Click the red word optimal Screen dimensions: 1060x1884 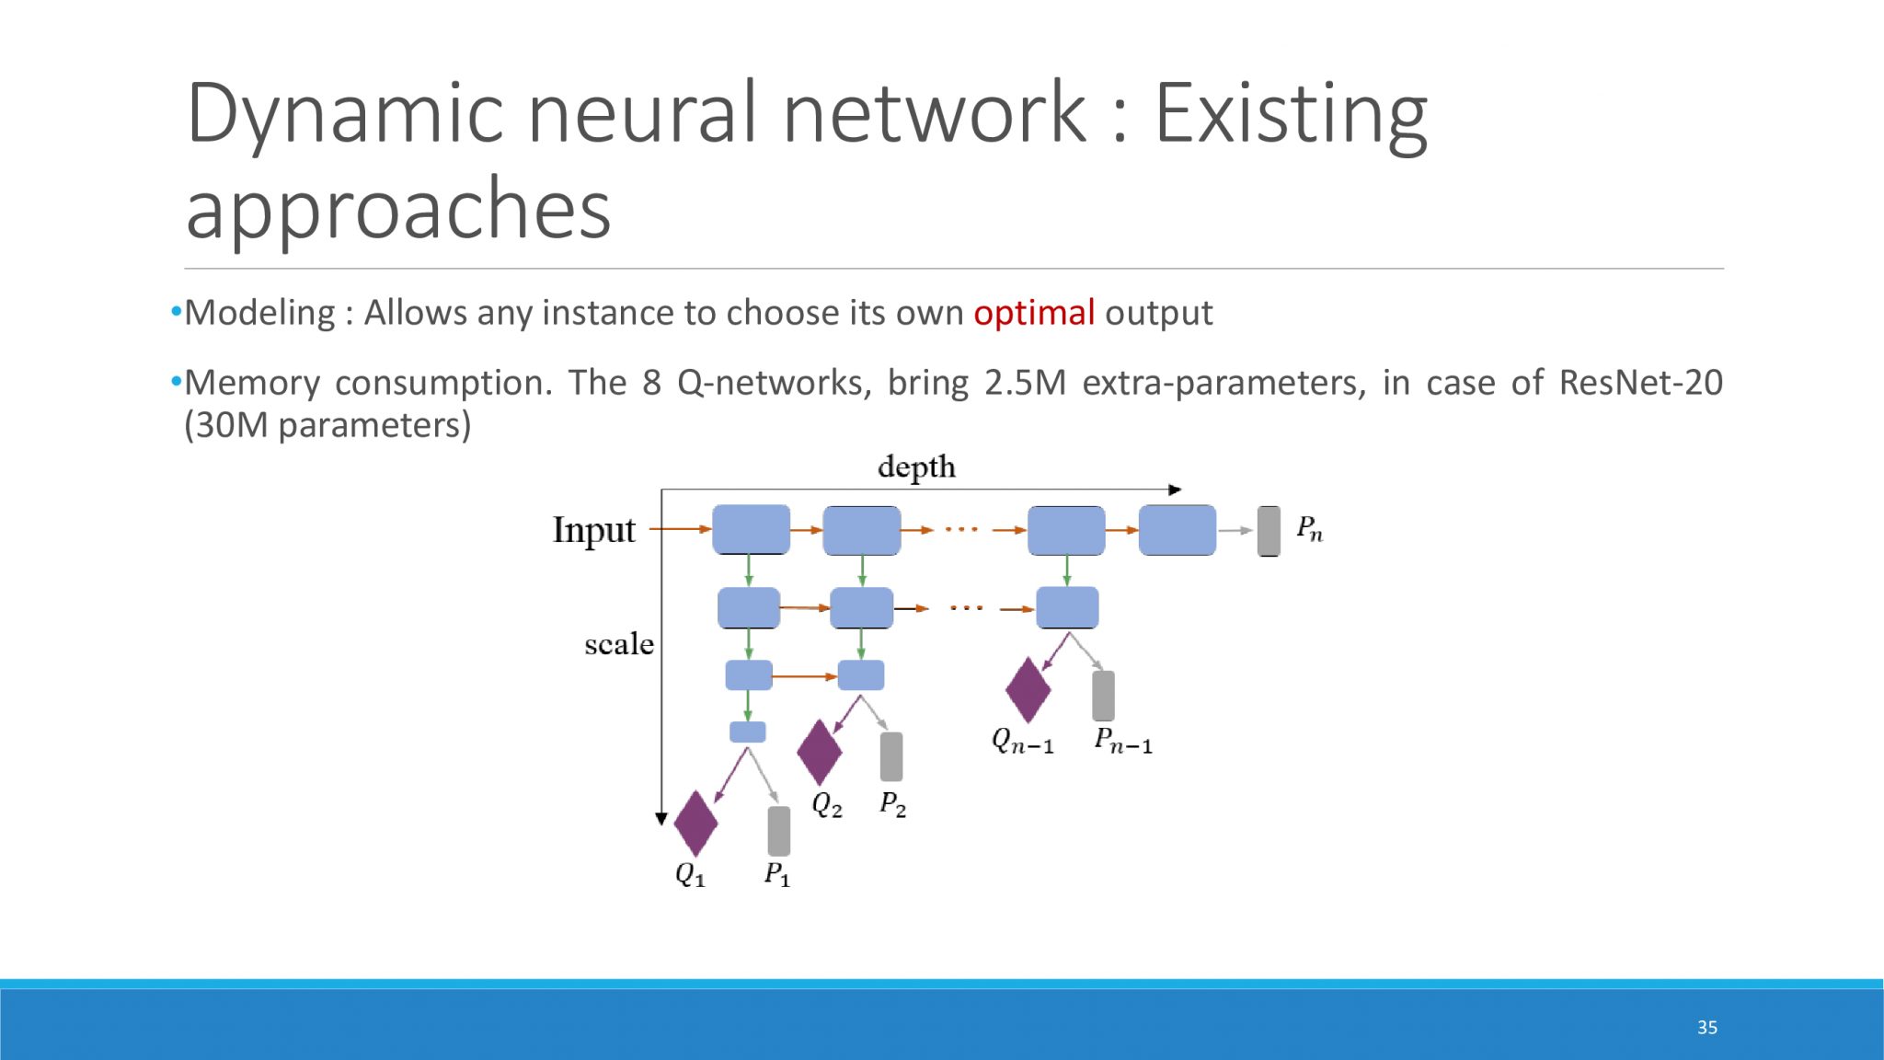pyautogui.click(x=1034, y=313)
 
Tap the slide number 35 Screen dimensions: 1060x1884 pyautogui.click(x=1707, y=1028)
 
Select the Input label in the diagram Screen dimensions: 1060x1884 pyautogui.click(x=594, y=531)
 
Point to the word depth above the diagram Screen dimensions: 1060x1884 pyautogui.click(x=916, y=467)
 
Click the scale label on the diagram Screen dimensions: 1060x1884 pyautogui.click(x=619, y=644)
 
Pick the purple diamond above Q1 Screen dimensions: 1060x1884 pyautogui.click(x=695, y=824)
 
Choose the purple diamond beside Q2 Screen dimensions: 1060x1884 pyautogui.click(x=820, y=752)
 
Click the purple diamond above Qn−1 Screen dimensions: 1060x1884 pyautogui.click(x=1028, y=690)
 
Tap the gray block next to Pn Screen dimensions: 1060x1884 pyautogui.click(x=1269, y=531)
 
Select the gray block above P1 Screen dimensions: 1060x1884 pyautogui.click(x=778, y=831)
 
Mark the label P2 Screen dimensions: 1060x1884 pyautogui.click(x=892, y=804)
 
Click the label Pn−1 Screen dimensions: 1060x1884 pyautogui.click(x=1122, y=740)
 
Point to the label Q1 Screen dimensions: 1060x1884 pyautogui.click(x=690, y=873)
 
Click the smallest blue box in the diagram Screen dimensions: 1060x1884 pyautogui.click(x=747, y=732)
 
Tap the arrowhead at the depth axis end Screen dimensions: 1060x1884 pyautogui.click(x=1175, y=490)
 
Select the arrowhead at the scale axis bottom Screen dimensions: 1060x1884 pyautogui.click(x=661, y=818)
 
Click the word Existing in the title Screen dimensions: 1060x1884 pyautogui.click(x=1291, y=114)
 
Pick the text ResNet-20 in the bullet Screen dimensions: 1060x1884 pyautogui.click(x=1640, y=382)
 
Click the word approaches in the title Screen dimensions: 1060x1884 pyautogui.click(x=398, y=210)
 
